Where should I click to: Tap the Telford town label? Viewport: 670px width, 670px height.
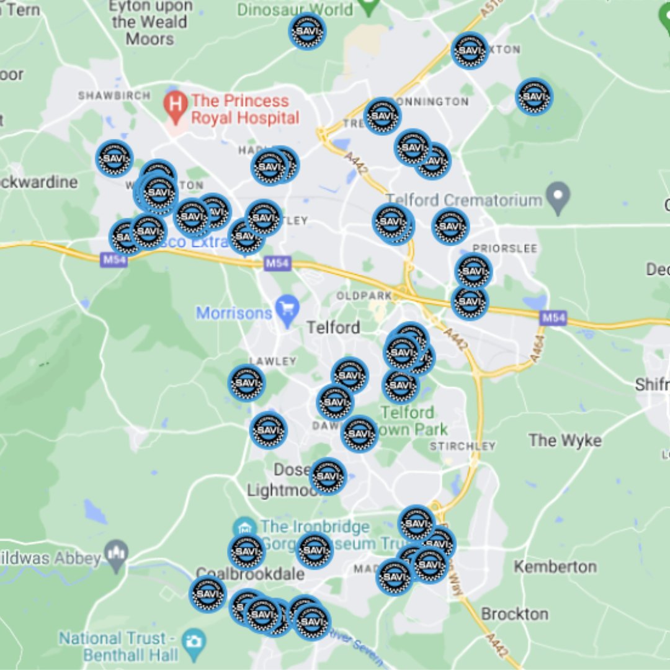pos(333,327)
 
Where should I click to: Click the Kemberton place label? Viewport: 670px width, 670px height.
pos(555,566)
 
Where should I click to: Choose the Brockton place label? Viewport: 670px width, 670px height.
pos(514,614)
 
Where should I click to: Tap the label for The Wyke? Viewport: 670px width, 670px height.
pos(565,440)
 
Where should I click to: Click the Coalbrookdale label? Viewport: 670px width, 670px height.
pos(250,574)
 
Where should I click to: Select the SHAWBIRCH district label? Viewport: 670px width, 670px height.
pos(114,96)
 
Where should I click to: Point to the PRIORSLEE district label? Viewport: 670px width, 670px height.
pos(505,248)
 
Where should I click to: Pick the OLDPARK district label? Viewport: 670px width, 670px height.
pos(364,296)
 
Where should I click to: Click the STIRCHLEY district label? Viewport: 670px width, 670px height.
pos(463,446)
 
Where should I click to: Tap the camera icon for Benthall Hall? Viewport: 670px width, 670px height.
pos(194,639)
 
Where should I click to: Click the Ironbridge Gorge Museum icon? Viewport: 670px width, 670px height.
pos(244,527)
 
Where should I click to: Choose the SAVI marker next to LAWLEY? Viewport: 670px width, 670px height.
pos(246,383)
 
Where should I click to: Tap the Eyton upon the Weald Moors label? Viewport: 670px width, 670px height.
pos(150,22)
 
